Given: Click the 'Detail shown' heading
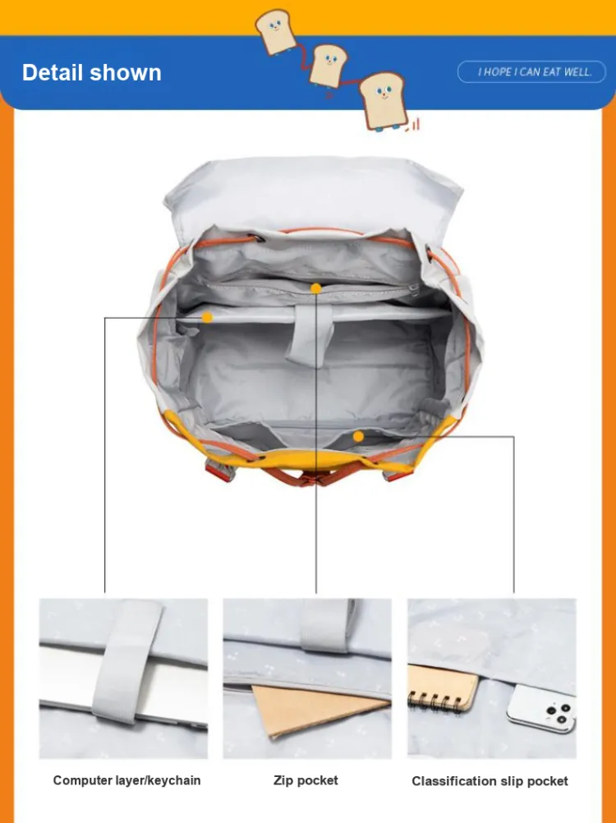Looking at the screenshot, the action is pyautogui.click(x=92, y=72).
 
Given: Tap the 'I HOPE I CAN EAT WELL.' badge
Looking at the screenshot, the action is pyautogui.click(x=531, y=72).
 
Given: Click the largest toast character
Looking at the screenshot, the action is pyautogui.click(x=384, y=101).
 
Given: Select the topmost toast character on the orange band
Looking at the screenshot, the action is pyautogui.click(x=275, y=31).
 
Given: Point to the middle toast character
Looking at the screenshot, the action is pyautogui.click(x=328, y=64).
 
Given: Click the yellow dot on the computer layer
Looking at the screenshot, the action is pyautogui.click(x=207, y=317).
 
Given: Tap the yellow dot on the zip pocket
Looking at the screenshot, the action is pyautogui.click(x=316, y=288).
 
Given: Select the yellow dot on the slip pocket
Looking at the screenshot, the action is pyautogui.click(x=358, y=436).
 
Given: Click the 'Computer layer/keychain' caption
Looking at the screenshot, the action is pyautogui.click(x=127, y=780).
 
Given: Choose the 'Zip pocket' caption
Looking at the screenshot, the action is pyautogui.click(x=306, y=780).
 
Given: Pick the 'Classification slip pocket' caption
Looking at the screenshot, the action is pyautogui.click(x=490, y=781).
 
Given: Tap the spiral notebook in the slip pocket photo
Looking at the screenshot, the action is pyautogui.click(x=443, y=687).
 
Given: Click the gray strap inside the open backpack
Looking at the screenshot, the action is pyautogui.click(x=310, y=333).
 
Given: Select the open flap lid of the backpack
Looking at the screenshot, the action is pyautogui.click(x=313, y=194).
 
